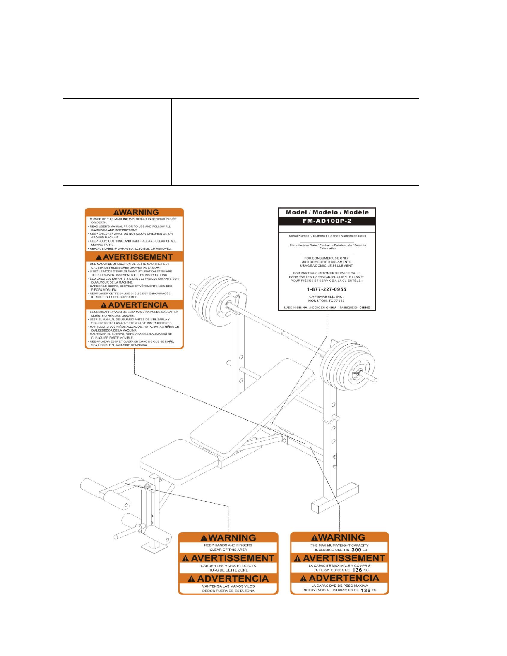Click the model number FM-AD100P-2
pyautogui.click(x=327, y=221)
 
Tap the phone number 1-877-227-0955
pyautogui.click(x=327, y=289)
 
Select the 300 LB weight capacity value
pyautogui.click(x=356, y=550)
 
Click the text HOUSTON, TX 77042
pyautogui.click(x=327, y=300)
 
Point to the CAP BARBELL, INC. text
pyautogui.click(x=327, y=296)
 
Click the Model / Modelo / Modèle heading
pyautogui.click(x=327, y=212)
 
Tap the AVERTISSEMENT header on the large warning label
pyautogui.click(x=134, y=257)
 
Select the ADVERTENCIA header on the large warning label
pyautogui.click(x=134, y=305)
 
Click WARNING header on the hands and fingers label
pyautogui.click(x=228, y=538)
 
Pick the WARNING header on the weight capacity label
pyautogui.click(x=339, y=537)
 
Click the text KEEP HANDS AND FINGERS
pyautogui.click(x=228, y=545)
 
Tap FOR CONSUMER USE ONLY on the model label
pyautogui.click(x=327, y=258)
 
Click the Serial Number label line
pyautogui.click(x=327, y=236)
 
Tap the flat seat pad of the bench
pyautogui.click(x=178, y=459)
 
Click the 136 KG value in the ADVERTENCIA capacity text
pyautogui.click(x=365, y=590)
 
